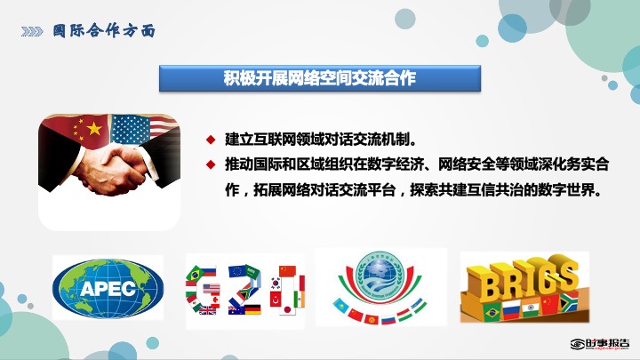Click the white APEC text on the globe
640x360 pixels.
pos(108,289)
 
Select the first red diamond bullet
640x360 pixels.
pos(211,140)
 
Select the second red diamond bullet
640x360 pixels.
pos(211,164)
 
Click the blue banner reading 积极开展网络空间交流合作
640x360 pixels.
pos(320,78)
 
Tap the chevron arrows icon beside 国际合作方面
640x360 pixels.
pos(32,31)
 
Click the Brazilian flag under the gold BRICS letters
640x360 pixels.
pos(492,312)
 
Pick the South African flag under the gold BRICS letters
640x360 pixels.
pos(570,301)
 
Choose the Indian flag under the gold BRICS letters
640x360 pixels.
pos(531,308)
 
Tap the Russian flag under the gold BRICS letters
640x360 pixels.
pos(511,310)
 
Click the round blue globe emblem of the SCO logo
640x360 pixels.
pos(380,273)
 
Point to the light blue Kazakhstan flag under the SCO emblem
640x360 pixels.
pos(340,305)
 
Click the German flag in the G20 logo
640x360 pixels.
pos(252,309)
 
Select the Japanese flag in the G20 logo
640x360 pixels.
pos(287,310)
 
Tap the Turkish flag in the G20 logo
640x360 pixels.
pos(276,300)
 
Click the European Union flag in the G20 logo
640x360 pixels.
pos(236,271)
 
